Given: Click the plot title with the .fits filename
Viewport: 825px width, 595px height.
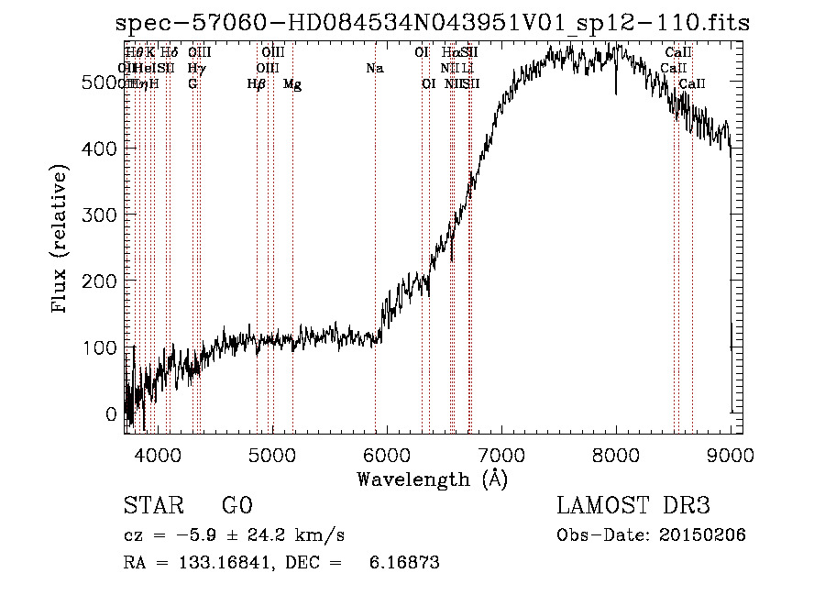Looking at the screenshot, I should point(433,25).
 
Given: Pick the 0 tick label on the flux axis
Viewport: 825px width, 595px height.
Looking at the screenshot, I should point(112,413).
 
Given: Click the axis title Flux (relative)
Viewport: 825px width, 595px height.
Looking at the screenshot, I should point(61,241).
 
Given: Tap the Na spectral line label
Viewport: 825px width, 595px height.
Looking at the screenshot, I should point(374,69).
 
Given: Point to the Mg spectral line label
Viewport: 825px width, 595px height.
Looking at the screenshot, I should point(292,84).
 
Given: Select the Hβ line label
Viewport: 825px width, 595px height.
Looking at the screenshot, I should point(257,84).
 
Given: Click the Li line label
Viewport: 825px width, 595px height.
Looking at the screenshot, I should point(467,69).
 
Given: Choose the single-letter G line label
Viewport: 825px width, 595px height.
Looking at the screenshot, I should point(192,84).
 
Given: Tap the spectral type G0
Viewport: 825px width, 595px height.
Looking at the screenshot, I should point(236,506).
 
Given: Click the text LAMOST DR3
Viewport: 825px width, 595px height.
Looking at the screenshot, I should point(632,506).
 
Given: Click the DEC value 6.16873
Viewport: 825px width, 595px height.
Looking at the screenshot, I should point(404,563).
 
